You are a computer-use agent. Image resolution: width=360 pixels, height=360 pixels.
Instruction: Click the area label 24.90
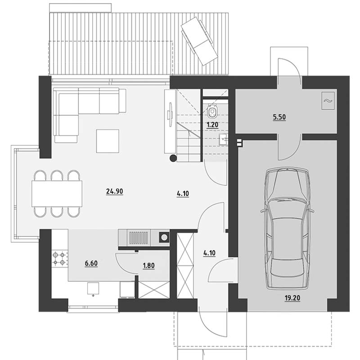tap(115, 191)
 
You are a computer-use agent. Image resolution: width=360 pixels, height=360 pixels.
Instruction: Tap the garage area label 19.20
tap(292, 298)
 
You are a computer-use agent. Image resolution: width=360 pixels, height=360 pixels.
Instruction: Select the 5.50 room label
tap(279, 117)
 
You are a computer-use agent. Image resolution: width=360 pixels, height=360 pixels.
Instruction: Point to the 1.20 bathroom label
tap(212, 125)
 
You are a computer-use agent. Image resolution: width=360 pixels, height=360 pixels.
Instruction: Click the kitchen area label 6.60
tap(91, 263)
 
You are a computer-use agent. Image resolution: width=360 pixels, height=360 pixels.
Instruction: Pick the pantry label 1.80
tap(148, 265)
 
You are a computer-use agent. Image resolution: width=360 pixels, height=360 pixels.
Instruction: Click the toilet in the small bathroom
tap(212, 111)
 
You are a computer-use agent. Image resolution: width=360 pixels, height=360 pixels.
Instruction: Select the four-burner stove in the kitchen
tap(59, 258)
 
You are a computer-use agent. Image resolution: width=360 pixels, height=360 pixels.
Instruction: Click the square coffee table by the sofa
tap(108, 141)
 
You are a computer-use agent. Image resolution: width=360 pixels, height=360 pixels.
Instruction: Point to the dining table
tap(57, 193)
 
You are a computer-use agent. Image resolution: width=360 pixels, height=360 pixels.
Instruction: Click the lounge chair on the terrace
tap(199, 41)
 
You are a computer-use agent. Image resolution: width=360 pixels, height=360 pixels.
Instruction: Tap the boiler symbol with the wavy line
tap(328, 101)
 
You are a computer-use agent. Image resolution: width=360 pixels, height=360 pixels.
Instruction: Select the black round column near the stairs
tap(173, 158)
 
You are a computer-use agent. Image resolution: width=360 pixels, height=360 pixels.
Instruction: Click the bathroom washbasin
tap(223, 139)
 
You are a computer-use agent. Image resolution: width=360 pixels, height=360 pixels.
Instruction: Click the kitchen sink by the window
tap(93, 288)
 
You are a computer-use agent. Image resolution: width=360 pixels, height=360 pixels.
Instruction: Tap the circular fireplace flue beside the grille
tap(164, 238)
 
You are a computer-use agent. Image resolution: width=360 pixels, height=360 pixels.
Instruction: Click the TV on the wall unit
tap(171, 114)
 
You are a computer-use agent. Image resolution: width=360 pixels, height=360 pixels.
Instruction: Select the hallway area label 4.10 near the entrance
tap(209, 253)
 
